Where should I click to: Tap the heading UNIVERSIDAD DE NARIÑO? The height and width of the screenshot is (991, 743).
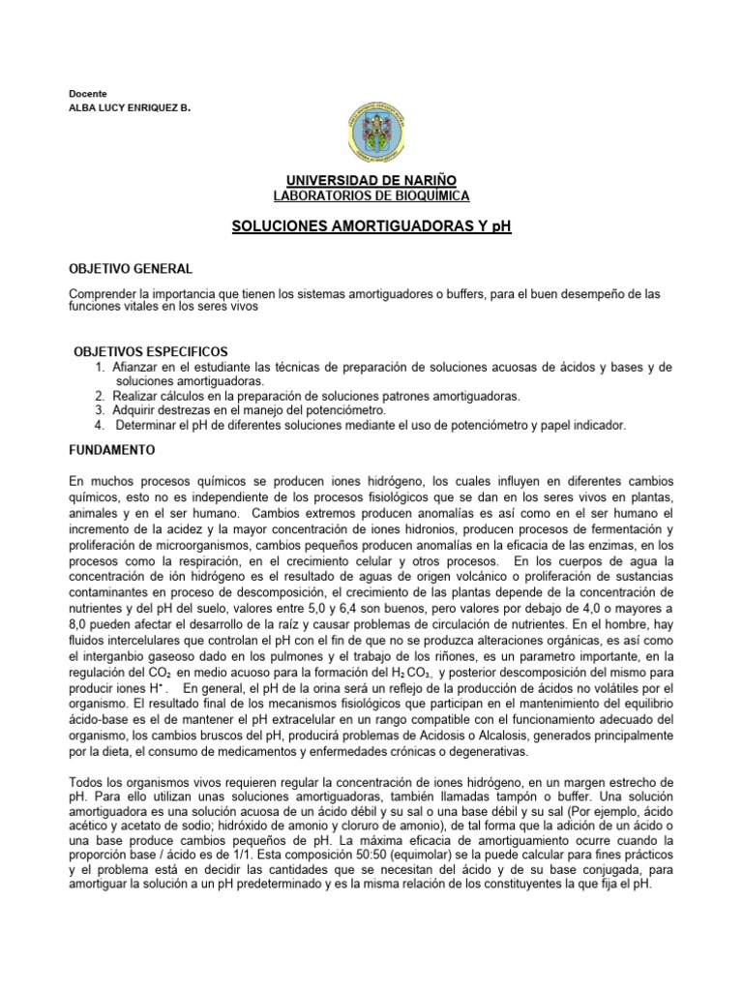(371, 180)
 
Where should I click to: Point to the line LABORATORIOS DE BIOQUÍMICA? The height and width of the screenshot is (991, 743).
(371, 195)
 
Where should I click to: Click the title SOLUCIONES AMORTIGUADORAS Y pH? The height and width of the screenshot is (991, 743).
(371, 226)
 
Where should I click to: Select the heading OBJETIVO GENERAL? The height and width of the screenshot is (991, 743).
(131, 267)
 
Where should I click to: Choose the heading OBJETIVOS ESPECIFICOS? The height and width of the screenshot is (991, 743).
(150, 351)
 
